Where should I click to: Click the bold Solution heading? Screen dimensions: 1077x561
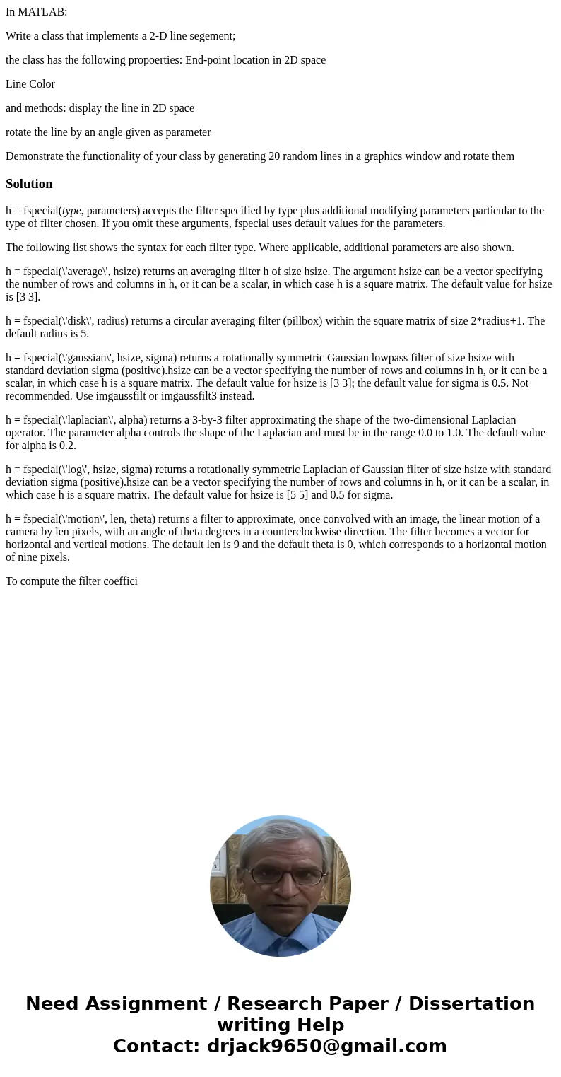pyautogui.click(x=29, y=184)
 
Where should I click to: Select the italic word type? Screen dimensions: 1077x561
pyautogui.click(x=71, y=211)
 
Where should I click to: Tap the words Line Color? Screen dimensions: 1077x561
pyautogui.click(x=30, y=84)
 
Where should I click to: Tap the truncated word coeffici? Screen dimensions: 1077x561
pyautogui.click(x=117, y=581)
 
